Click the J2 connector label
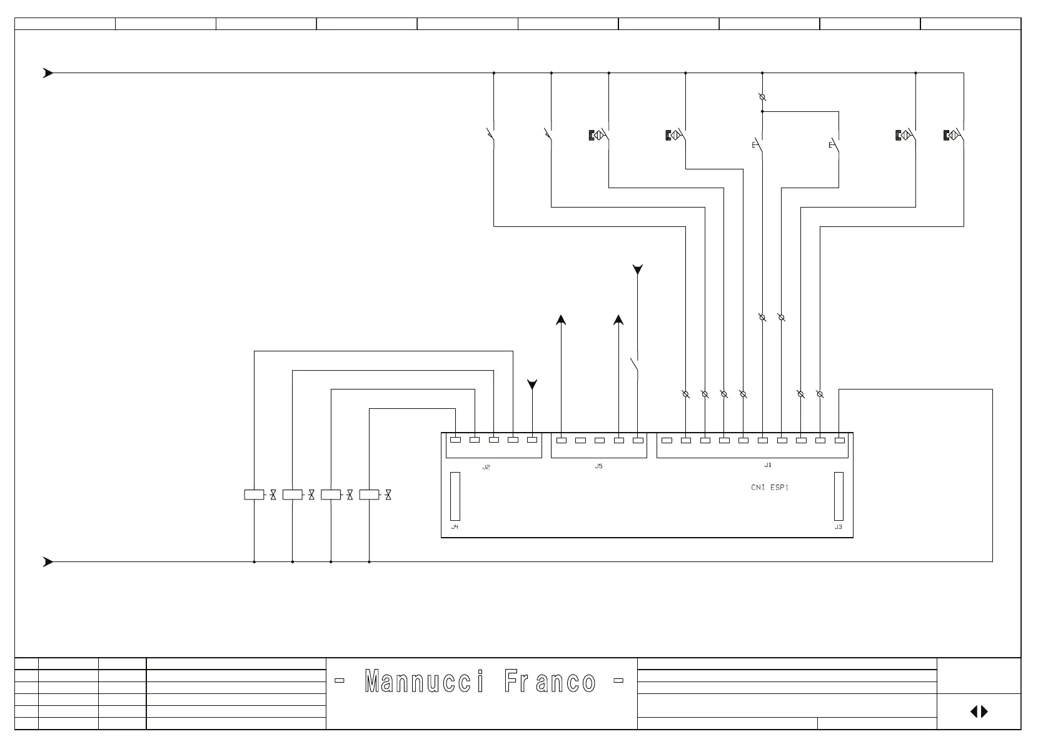coord(486,467)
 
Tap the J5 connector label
coord(598,466)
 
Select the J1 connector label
coord(768,465)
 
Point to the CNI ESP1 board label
coord(770,487)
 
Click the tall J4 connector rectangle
coord(455,496)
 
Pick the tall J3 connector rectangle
coord(839,496)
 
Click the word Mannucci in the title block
coord(424,681)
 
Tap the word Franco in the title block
coord(550,681)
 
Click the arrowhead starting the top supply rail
coord(48,73)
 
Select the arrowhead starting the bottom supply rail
coord(48,562)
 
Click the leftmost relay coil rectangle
coord(254,495)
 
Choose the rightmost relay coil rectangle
coord(369,495)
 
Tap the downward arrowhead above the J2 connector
coord(532,385)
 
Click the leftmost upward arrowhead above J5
coord(561,320)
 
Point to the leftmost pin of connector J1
coord(667,440)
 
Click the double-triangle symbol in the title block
coord(979,711)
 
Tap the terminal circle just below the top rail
coord(762,98)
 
